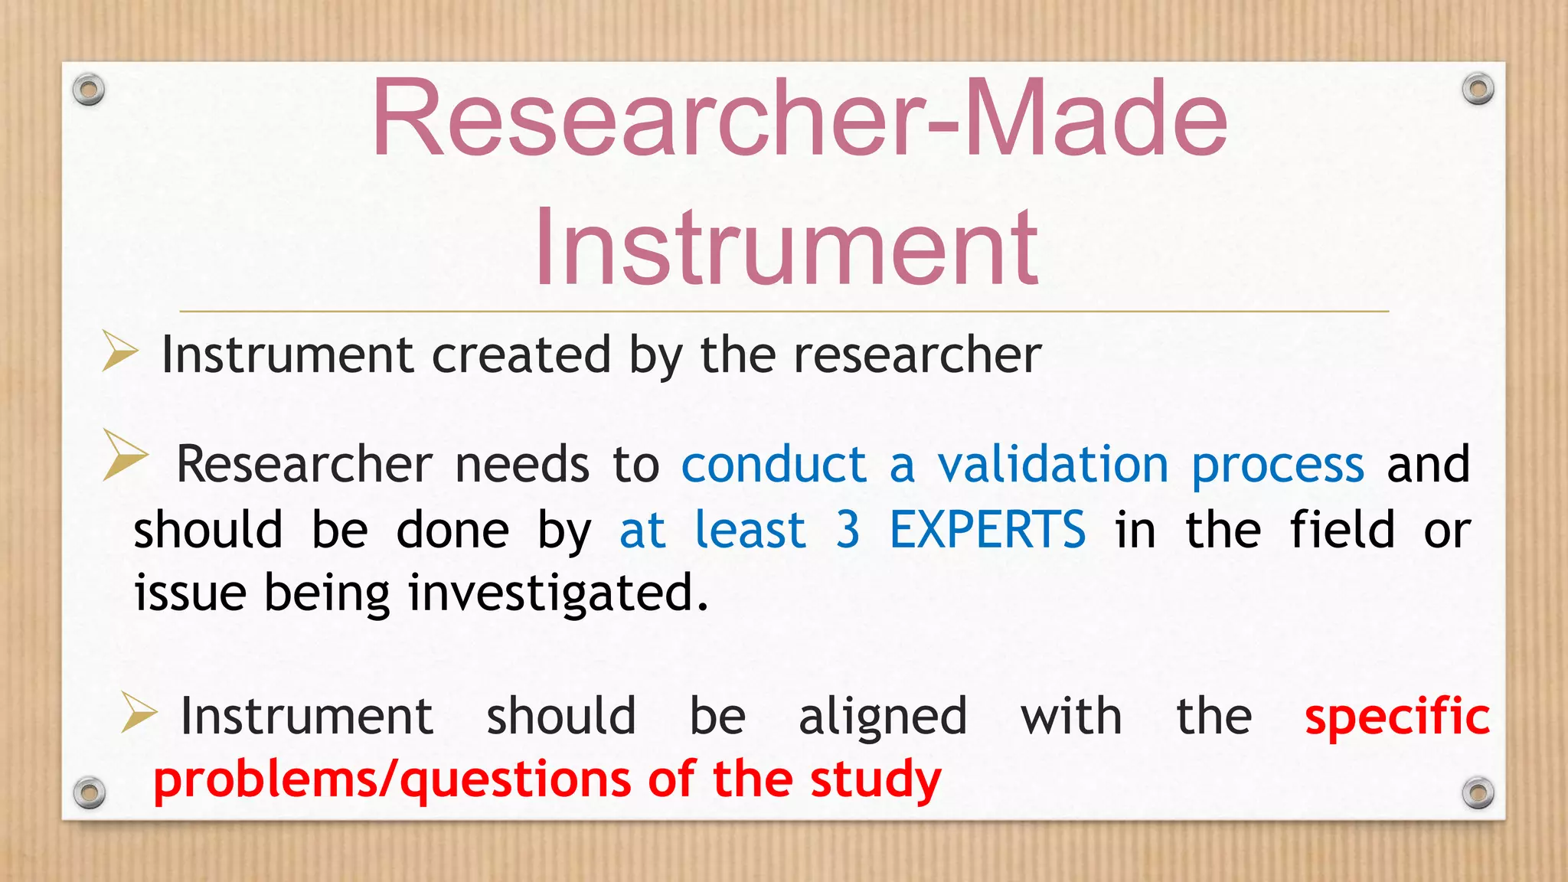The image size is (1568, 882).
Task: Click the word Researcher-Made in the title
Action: click(799, 119)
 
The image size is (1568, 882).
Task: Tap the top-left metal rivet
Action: click(89, 90)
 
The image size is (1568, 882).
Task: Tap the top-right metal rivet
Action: click(1478, 89)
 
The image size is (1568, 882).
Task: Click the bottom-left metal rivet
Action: click(89, 792)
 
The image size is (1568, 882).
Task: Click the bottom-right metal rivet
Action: click(1478, 792)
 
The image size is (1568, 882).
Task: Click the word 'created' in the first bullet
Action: click(521, 355)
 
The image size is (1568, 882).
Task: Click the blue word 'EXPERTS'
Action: click(987, 530)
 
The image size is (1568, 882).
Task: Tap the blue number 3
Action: click(848, 530)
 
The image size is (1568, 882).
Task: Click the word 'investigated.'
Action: click(558, 594)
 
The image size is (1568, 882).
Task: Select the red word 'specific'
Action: click(1396, 717)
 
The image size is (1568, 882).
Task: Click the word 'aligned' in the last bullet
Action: click(883, 717)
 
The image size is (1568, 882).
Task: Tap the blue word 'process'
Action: click(1278, 465)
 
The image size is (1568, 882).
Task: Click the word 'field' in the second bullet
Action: click(1342, 530)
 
